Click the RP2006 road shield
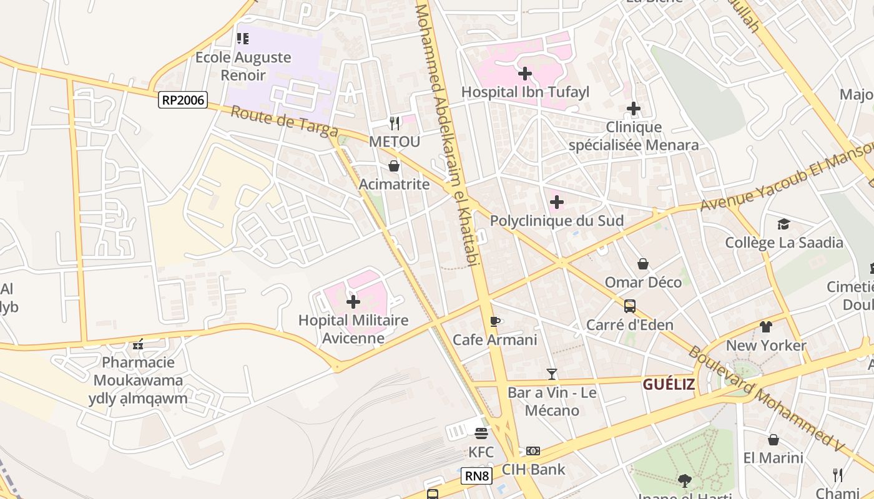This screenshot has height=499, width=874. pos(182,100)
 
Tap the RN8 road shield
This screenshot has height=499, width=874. pos(477,477)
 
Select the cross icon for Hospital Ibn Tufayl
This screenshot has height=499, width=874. pos(525,74)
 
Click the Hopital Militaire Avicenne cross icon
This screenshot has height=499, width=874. pos(353,303)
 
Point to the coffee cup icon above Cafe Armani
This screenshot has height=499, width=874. pos(495,322)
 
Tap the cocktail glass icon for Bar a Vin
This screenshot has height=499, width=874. pos(552,374)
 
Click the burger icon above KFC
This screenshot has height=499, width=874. pos(481,433)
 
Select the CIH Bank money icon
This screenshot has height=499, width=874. pos(533,450)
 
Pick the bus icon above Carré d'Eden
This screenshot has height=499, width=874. pos(630,306)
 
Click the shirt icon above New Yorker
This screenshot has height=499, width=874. pos(766,327)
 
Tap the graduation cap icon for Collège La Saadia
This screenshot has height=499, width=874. pos(783,224)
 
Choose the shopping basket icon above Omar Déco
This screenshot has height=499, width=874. pos(643,264)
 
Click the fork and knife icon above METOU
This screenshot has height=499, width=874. pos(394,123)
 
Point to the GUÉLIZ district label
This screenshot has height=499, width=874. pos(669,384)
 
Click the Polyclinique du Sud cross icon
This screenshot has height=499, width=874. pos(556,202)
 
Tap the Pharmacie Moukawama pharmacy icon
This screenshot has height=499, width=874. pos(138,344)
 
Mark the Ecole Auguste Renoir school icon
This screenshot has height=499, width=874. pos(243,39)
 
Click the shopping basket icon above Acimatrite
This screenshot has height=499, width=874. pos(394,166)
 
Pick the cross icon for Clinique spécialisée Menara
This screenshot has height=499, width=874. pos(634,109)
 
